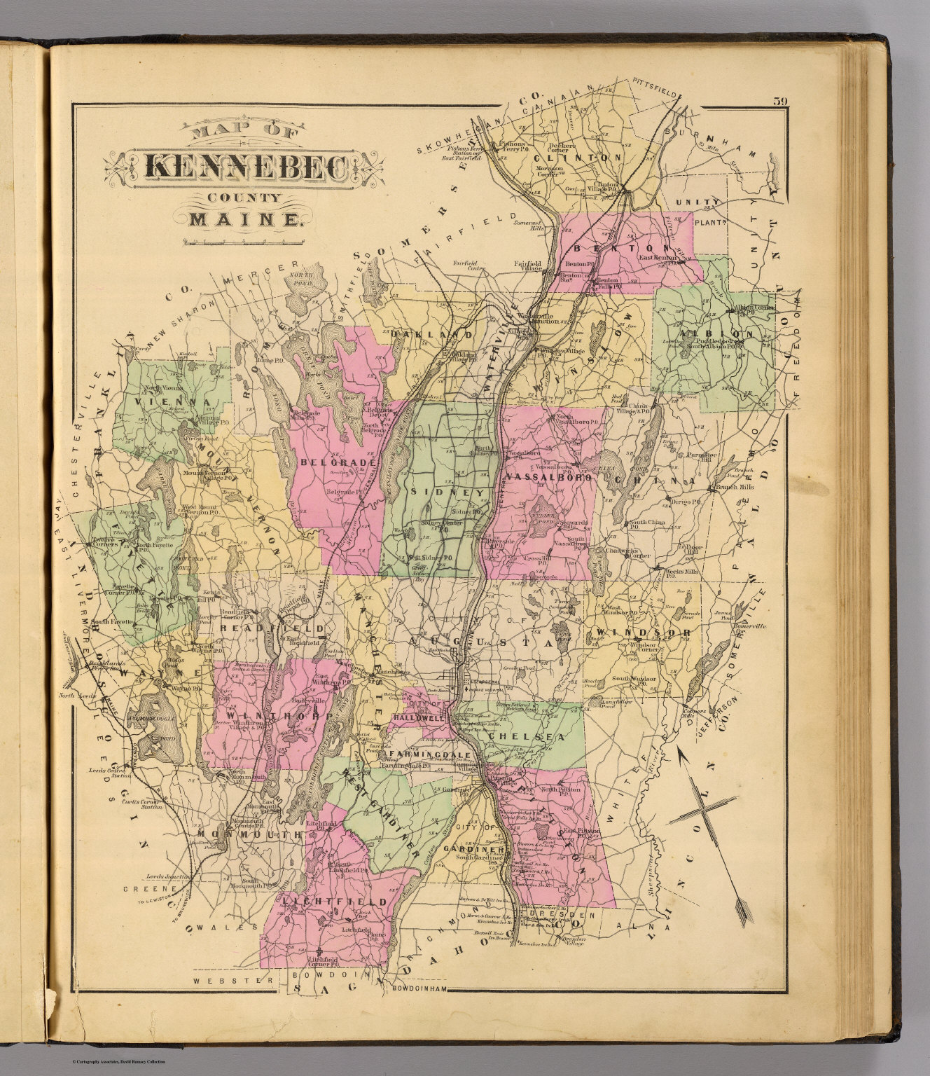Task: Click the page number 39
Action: pos(781,101)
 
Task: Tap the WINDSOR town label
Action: pos(644,633)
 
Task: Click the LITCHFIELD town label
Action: pos(336,900)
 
